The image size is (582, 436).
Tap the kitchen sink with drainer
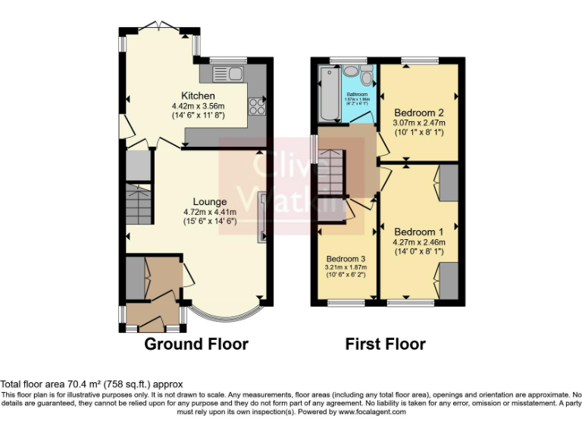pos(226,73)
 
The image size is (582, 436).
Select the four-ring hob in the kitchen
pos(258,105)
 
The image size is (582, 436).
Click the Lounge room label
pos(209,201)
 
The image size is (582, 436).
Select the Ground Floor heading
pos(196,344)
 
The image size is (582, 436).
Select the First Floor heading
pos(385,344)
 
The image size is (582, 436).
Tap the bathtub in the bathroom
pos(330,94)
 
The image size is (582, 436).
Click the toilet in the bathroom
pos(368,75)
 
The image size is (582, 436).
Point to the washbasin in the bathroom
pos(352,71)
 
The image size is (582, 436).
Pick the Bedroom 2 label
pos(418,112)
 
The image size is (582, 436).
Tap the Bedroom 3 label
pos(346,258)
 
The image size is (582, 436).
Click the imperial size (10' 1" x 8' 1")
pos(418,132)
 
